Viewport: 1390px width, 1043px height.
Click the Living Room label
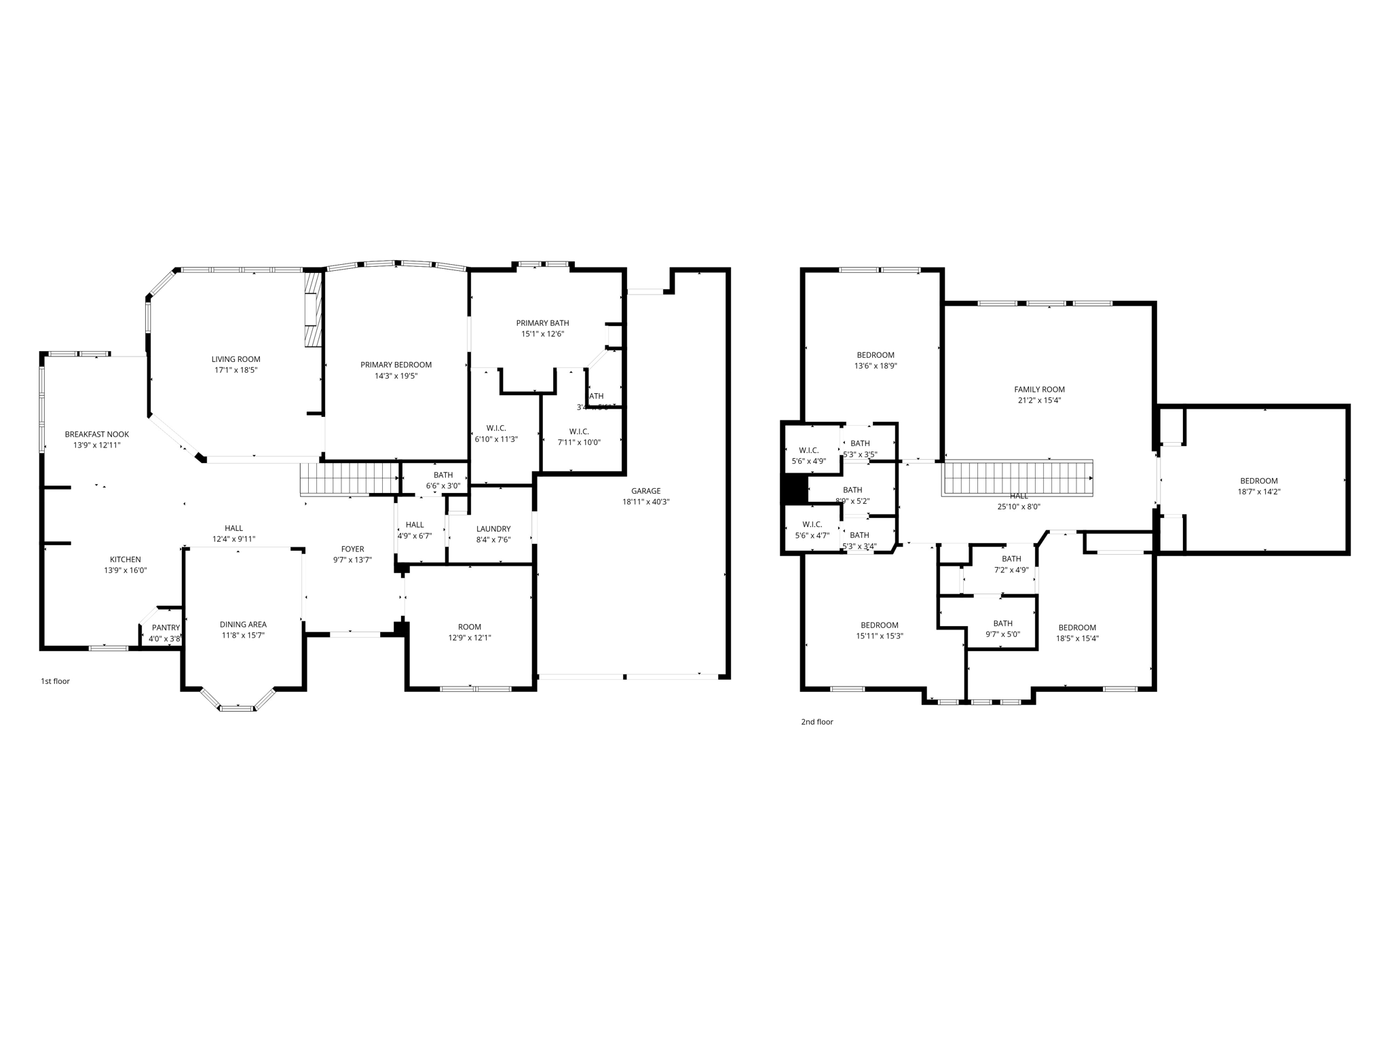click(236, 359)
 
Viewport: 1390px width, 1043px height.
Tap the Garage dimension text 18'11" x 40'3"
click(645, 502)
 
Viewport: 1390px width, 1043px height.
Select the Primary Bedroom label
click(396, 365)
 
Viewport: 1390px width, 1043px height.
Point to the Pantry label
click(166, 627)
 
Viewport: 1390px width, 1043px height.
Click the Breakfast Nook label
click(96, 435)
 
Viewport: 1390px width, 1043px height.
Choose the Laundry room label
click(493, 529)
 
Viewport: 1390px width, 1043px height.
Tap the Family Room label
click(1039, 390)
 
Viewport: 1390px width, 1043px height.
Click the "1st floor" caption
click(55, 681)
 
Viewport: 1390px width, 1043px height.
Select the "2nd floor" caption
click(816, 722)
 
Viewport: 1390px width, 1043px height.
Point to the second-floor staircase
click(1017, 478)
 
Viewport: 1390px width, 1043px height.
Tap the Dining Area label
click(243, 625)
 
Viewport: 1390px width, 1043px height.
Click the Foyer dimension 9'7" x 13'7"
click(352, 560)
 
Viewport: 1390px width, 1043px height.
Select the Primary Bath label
click(542, 323)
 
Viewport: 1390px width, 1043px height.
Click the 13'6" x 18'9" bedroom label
click(875, 355)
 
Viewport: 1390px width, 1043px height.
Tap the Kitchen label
click(126, 560)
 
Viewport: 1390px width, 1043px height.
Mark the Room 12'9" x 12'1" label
click(469, 627)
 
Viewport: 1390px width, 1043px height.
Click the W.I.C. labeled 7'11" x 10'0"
click(578, 432)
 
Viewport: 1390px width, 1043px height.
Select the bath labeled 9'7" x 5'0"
click(1002, 623)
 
